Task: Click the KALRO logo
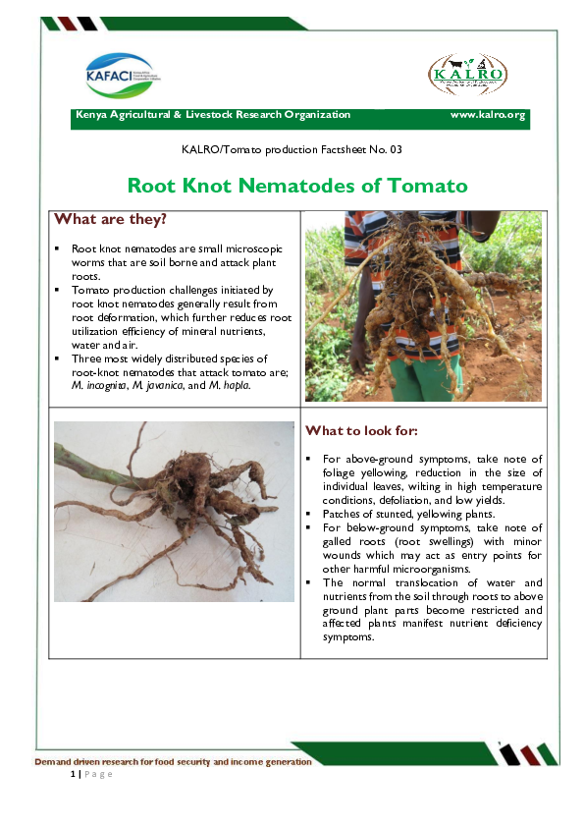click(466, 75)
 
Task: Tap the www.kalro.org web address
click(487, 115)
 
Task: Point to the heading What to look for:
click(362, 430)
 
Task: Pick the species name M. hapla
click(227, 386)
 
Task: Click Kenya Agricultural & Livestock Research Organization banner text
click(213, 115)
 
